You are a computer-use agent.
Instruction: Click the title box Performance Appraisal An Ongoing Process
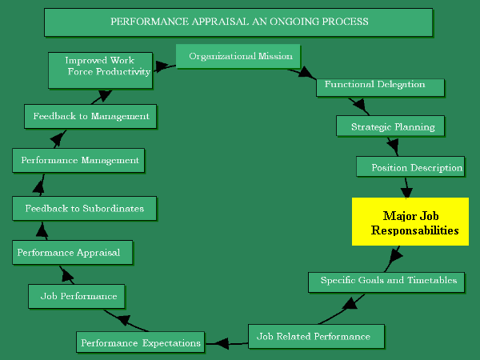238,22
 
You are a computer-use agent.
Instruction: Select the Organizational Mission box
238,57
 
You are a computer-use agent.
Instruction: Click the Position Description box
410,167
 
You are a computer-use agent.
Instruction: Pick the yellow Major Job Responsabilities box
410,222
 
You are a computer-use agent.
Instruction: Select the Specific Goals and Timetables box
387,281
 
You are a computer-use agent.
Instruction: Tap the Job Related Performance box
317,337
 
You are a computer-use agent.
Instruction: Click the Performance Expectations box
140,342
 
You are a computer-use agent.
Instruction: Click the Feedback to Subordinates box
84,209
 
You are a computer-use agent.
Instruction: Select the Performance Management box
79,160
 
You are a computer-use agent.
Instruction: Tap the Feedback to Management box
90,116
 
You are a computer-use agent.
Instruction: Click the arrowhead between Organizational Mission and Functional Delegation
307,74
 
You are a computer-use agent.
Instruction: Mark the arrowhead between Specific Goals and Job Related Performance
349,303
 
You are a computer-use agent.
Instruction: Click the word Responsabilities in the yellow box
414,230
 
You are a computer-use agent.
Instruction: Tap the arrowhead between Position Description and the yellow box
406,192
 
